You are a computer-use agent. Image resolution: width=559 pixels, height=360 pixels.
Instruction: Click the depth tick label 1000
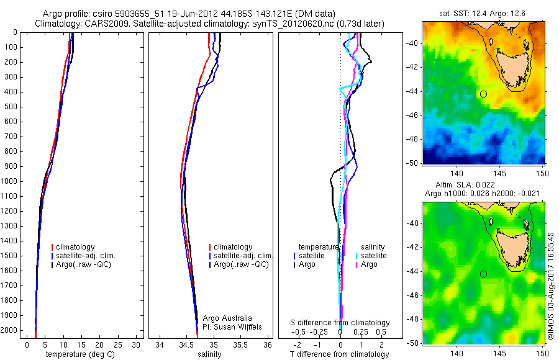[x=9, y=181]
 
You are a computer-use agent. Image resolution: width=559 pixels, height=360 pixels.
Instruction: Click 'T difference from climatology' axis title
[x=340, y=354]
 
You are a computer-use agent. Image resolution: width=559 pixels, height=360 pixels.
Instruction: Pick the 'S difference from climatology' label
[x=340, y=323]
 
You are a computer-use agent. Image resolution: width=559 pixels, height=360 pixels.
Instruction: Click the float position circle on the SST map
[x=483, y=94]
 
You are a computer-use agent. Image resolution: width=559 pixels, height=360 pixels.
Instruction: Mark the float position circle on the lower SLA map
[x=483, y=274]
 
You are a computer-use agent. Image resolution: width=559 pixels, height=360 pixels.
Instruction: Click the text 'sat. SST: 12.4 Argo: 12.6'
[x=483, y=14]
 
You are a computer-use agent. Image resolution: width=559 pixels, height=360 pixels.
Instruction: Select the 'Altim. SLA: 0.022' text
[x=483, y=186]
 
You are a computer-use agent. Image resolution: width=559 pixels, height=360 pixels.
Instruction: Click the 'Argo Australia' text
[x=227, y=318]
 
